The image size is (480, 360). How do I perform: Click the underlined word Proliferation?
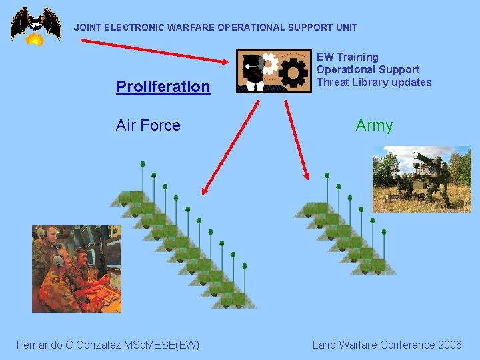(x=163, y=87)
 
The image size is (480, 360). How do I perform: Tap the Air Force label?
(x=148, y=125)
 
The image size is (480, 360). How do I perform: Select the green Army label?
(x=374, y=125)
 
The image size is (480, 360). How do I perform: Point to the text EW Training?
(x=347, y=57)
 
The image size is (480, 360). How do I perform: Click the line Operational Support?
(x=368, y=70)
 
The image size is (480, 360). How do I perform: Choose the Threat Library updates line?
(x=374, y=83)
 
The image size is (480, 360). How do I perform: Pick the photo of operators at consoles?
(x=77, y=269)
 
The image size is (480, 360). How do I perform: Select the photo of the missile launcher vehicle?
(x=421, y=179)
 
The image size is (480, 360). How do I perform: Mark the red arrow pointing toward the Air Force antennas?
(x=230, y=143)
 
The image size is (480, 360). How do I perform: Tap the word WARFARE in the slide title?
(x=191, y=28)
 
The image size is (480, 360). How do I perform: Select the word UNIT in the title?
(x=346, y=28)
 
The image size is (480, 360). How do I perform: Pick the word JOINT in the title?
(x=86, y=28)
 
